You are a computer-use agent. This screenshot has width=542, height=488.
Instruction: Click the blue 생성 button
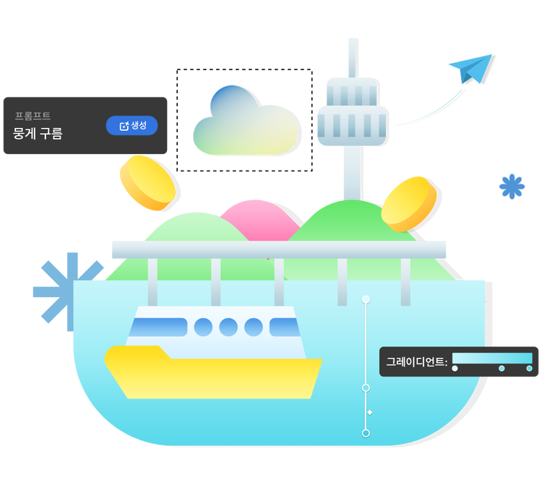click(x=132, y=126)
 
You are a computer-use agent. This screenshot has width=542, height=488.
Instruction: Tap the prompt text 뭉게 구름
click(x=38, y=134)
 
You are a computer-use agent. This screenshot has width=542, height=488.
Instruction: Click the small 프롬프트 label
click(x=33, y=116)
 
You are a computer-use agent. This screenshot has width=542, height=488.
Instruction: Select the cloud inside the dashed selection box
click(x=244, y=123)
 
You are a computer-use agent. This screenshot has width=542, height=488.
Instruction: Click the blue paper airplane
click(x=471, y=69)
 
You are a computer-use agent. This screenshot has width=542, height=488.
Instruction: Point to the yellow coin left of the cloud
click(x=147, y=182)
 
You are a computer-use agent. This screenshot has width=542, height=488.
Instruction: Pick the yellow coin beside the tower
click(x=409, y=203)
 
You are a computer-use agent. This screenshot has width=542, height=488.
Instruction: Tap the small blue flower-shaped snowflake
click(x=512, y=187)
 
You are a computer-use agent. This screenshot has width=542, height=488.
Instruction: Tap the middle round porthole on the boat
click(x=228, y=327)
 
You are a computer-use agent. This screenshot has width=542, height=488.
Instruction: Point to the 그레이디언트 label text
click(x=416, y=361)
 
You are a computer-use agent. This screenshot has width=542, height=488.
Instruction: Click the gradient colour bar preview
click(x=492, y=358)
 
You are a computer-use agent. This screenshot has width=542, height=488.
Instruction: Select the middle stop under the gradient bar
click(x=502, y=369)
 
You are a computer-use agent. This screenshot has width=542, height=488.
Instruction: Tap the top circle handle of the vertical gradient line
click(x=366, y=299)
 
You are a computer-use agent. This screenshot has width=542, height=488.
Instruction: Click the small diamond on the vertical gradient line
click(x=370, y=412)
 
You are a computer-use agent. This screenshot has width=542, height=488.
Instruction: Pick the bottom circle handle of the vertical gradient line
click(x=366, y=433)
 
